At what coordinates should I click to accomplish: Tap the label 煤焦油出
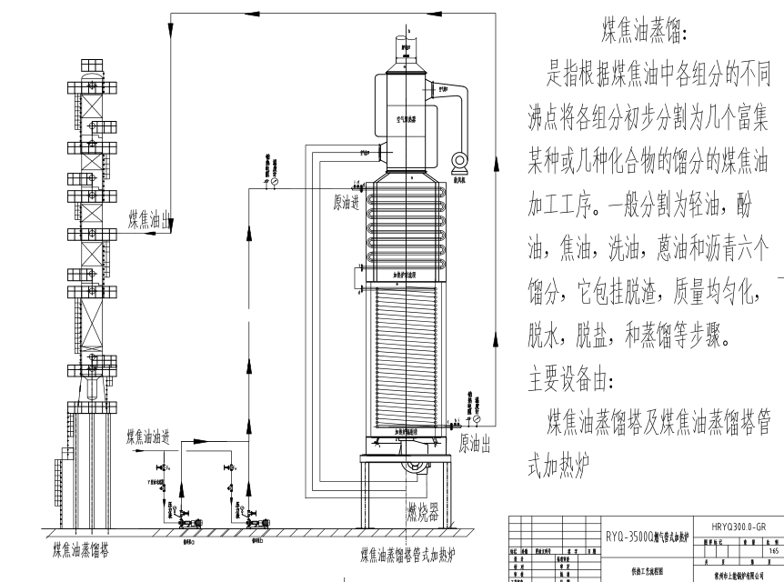coord(151,219)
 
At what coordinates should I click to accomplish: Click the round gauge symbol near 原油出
coord(477,420)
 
